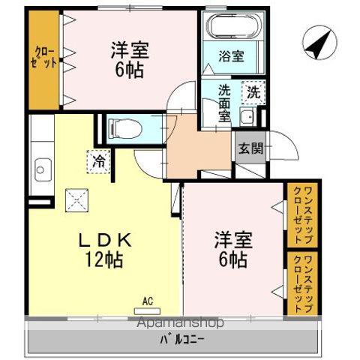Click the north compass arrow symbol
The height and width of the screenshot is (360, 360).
coord(319,43)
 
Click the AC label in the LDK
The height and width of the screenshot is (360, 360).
coord(147,302)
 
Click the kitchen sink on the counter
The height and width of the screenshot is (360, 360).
coord(42,169)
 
